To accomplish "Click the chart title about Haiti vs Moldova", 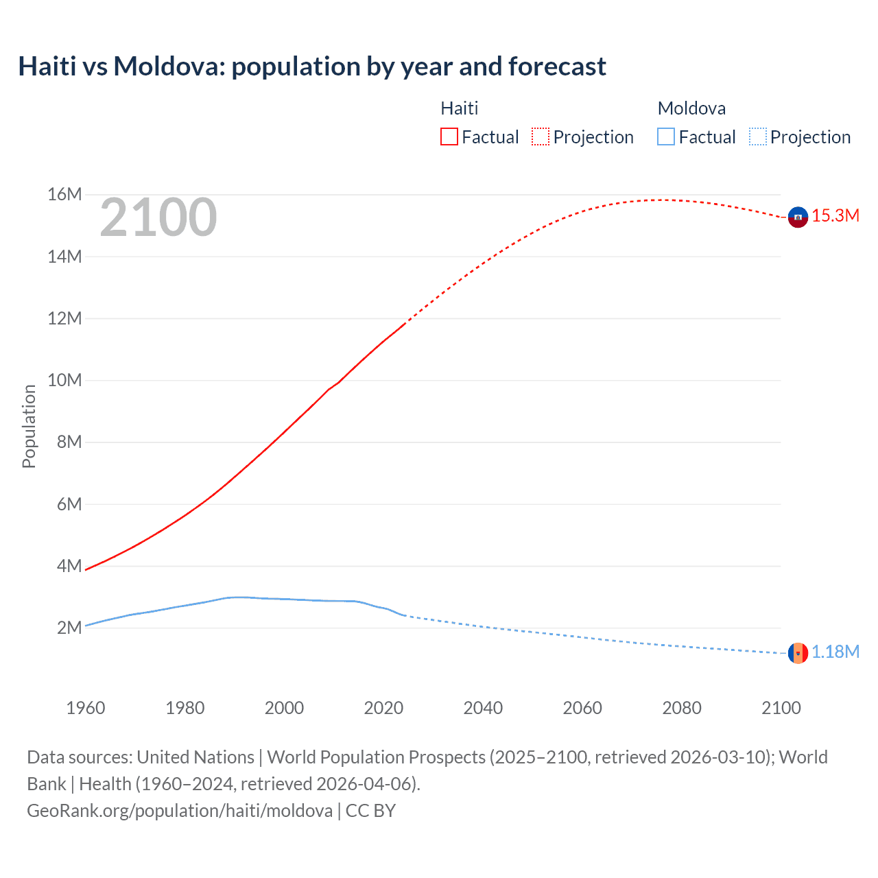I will (x=312, y=67).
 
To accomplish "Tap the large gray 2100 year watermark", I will (x=158, y=217).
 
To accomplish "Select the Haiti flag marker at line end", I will (x=798, y=217).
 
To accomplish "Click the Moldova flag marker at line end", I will (x=798, y=653).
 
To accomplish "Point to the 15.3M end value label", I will (x=835, y=216).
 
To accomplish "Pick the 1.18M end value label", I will (x=835, y=652).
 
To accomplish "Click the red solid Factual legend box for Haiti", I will (x=449, y=137).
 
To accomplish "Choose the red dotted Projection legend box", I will (x=541, y=137).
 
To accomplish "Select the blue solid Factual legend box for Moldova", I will (x=666, y=137).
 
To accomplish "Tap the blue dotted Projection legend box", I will (x=758, y=137).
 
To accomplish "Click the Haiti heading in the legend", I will (x=459, y=108).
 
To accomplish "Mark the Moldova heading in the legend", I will (x=691, y=108).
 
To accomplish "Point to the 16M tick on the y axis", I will (x=64, y=195).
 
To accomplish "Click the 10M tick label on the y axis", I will (x=64, y=381).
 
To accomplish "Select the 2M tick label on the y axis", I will (x=69, y=628).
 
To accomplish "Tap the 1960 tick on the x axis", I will (x=86, y=708).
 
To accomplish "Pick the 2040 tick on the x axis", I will (x=483, y=708).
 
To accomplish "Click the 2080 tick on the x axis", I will (x=682, y=708).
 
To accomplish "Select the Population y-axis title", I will (x=29, y=426).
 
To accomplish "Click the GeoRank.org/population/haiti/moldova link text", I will (x=180, y=811).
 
